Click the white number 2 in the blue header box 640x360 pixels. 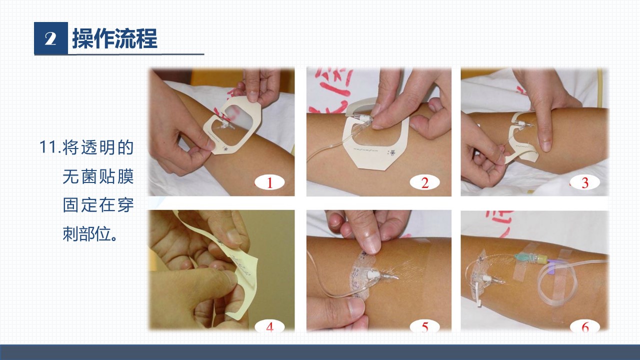click(50, 38)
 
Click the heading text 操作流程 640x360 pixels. click(114, 38)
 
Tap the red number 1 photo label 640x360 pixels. click(269, 183)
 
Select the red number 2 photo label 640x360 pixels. click(425, 183)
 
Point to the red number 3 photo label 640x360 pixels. click(585, 183)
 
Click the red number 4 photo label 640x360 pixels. click(269, 326)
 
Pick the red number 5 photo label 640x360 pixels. click(425, 326)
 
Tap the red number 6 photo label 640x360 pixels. click(585, 327)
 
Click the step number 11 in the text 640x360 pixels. click(48, 147)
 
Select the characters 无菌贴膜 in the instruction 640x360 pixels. click(98, 176)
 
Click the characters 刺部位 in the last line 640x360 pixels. click(86, 234)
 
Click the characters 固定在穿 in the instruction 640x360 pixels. click(98, 205)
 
